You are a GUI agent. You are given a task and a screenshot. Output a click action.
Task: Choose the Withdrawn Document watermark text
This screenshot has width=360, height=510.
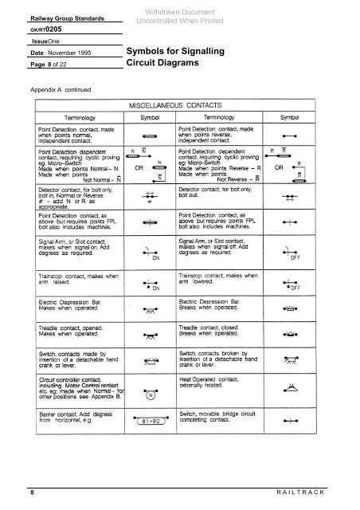[178, 9]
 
